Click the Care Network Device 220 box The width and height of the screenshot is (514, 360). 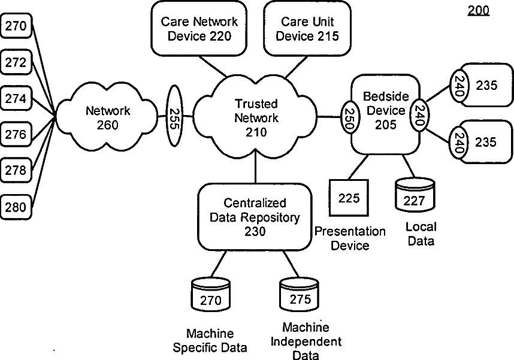(199, 29)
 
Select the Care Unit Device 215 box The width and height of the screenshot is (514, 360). (307, 29)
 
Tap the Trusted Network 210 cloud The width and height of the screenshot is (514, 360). (256, 117)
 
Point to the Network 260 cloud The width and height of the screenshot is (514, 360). (108, 117)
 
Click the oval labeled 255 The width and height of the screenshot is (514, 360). (174, 116)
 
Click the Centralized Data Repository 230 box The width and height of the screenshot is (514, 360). (255, 216)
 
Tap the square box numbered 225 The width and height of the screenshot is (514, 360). (349, 198)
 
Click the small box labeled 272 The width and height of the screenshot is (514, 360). (16, 62)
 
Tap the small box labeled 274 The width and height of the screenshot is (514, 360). (16, 98)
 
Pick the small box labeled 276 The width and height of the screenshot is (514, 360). (16, 135)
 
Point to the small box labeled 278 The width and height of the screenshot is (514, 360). (16, 171)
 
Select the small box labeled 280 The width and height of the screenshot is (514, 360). (16, 207)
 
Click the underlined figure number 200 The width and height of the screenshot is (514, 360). (479, 10)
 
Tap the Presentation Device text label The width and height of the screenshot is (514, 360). (350, 238)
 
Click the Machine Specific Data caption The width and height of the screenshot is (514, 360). (210, 340)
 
